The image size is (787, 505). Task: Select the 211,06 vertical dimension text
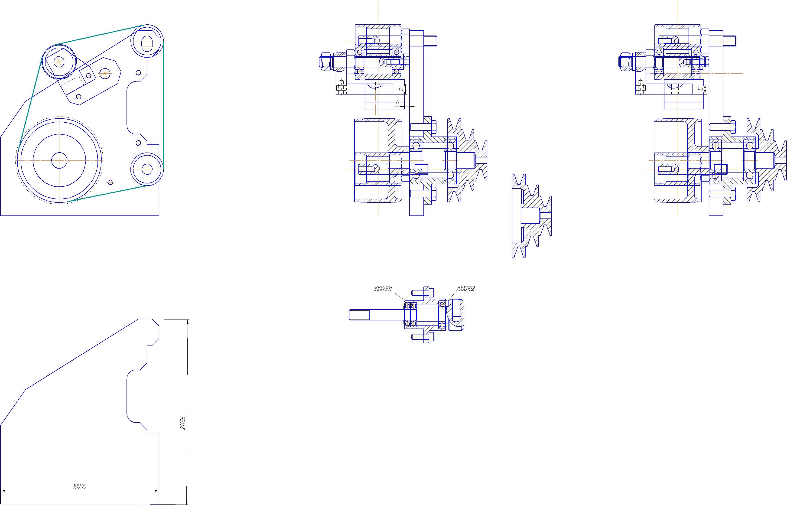[183, 423]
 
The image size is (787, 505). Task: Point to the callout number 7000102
[465, 289]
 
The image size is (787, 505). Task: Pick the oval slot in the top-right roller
[147, 43]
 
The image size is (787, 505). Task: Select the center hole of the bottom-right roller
[147, 169]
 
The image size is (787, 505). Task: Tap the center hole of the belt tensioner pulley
[59, 61]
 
